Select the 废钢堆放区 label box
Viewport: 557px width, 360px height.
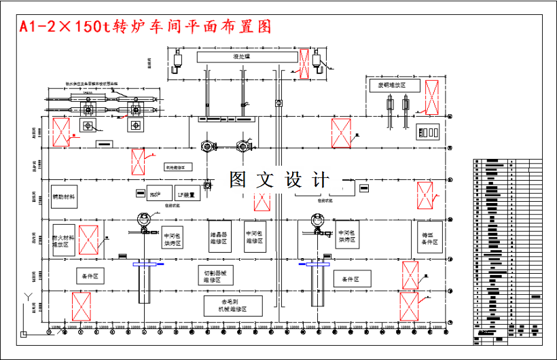pos(392,86)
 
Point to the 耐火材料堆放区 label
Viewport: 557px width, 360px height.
pos(63,240)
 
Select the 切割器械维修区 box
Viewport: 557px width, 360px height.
pos(217,275)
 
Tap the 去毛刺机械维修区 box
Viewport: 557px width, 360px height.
pos(233,305)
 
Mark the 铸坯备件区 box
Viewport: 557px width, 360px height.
pos(430,238)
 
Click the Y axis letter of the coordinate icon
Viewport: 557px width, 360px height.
pos(26,296)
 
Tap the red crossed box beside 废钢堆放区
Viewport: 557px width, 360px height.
pos(431,96)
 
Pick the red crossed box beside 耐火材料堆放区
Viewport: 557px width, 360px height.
pos(89,240)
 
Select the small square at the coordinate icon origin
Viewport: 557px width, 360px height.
pos(23,334)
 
